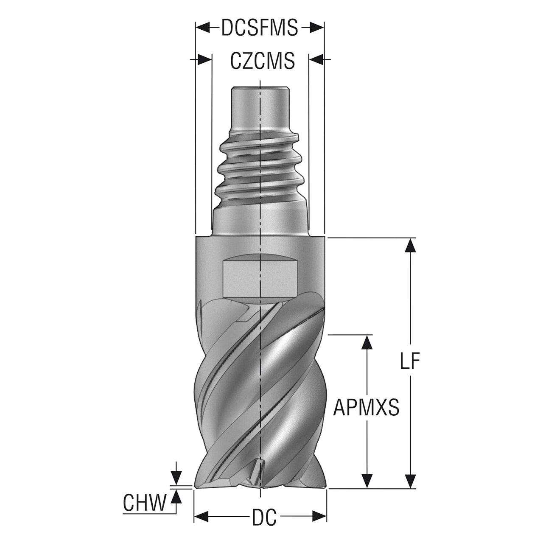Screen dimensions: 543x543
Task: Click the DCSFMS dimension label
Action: (x=260, y=28)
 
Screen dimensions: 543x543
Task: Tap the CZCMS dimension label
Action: (x=262, y=61)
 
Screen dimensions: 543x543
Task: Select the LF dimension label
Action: (x=410, y=361)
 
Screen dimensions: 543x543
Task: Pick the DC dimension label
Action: (x=264, y=525)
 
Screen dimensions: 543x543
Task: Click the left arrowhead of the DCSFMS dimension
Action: (x=203, y=28)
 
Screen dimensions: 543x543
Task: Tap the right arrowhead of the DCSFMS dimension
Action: (x=316, y=28)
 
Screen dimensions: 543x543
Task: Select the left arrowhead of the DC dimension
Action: (x=202, y=525)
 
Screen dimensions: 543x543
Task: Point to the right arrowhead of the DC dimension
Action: (x=319, y=525)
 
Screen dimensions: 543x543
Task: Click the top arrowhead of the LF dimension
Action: (x=410, y=245)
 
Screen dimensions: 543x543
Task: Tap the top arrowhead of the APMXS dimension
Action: (x=367, y=342)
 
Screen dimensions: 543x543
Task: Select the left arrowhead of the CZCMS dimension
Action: (x=204, y=59)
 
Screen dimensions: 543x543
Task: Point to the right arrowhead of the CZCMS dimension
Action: (x=316, y=59)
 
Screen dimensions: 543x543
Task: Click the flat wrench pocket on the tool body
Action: (x=260, y=279)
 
